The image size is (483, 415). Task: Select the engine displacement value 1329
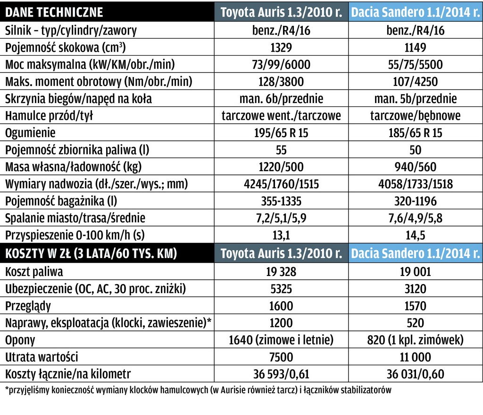point(281,48)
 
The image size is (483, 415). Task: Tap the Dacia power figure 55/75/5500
point(415,65)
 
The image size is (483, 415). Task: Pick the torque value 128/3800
point(281,82)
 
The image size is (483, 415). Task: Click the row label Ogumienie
point(30,133)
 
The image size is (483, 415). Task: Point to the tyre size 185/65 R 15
point(415,133)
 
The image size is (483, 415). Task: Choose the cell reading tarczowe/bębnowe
point(415,116)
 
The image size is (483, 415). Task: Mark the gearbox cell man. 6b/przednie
point(281,99)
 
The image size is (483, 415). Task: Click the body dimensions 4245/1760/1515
point(281,184)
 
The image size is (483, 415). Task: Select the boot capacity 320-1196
point(415,201)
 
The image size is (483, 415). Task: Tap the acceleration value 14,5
point(415,235)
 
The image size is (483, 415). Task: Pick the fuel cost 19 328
point(281,272)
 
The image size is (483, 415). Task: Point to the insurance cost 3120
point(415,289)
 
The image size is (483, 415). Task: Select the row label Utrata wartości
point(42,357)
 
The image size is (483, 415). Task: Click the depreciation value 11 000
point(415,357)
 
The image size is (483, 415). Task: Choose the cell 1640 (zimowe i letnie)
point(281,340)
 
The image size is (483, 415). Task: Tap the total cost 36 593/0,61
point(281,374)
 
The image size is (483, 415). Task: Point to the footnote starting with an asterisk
point(198,390)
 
